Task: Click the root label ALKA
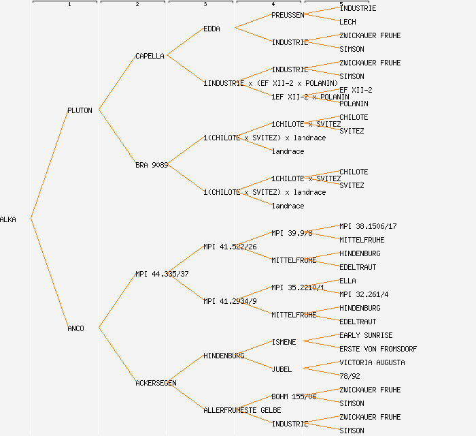8,219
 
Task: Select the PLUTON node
80,110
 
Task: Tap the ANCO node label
75,328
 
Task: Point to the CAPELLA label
150,56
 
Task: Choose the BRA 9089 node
152,165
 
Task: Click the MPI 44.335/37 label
162,274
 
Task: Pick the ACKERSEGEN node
156,383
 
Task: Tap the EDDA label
211,29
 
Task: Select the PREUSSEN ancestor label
288,15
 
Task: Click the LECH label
347,22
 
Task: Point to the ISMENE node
284,342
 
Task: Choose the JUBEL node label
282,369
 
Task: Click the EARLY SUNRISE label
366,335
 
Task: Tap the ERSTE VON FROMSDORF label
378,349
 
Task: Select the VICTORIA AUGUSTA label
372,362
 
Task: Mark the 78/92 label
350,376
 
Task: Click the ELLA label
347,281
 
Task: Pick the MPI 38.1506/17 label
368,226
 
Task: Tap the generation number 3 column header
205,5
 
